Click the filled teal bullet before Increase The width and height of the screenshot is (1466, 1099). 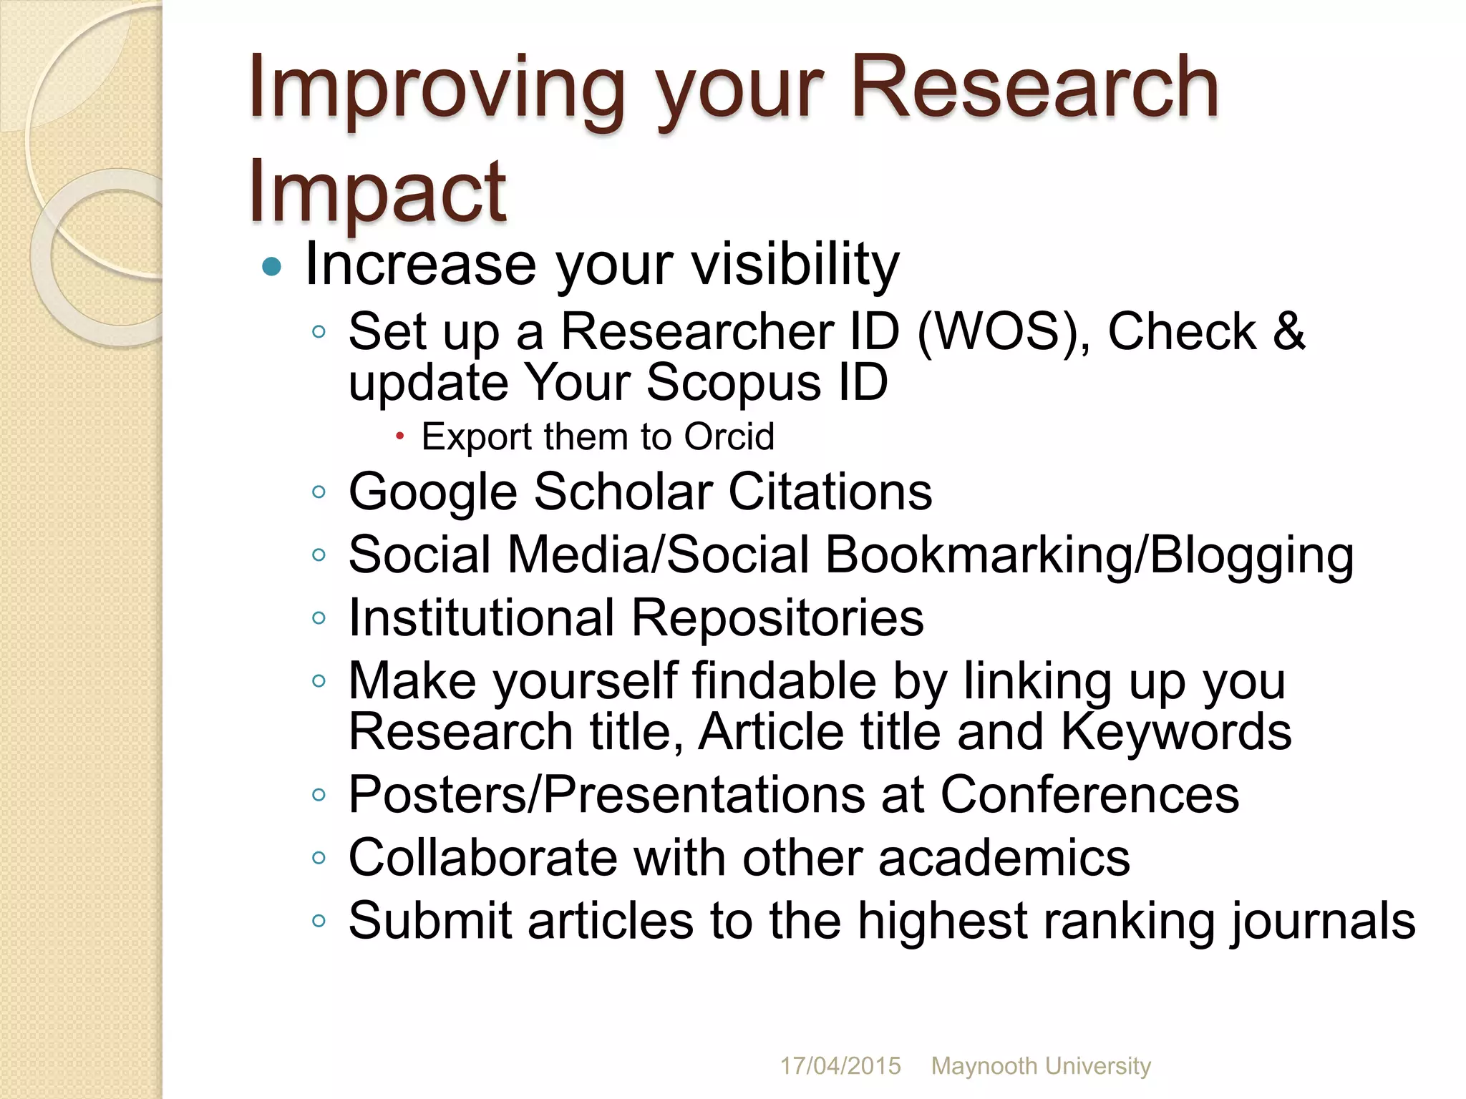[272, 268]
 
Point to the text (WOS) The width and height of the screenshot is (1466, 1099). [1002, 332]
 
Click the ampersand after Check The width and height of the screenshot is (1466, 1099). [1288, 332]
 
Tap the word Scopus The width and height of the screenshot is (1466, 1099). [734, 382]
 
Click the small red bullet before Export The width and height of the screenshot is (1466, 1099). [400, 436]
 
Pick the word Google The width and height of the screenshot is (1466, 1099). [432, 492]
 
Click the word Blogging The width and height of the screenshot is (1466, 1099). [1252, 555]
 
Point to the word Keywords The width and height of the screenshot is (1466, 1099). [1175, 731]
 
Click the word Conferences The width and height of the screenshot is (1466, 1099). [1089, 794]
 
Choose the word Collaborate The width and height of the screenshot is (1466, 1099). [482, 857]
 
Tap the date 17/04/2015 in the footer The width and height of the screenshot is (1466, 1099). [840, 1066]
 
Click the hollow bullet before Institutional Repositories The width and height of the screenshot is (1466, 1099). [319, 617]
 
